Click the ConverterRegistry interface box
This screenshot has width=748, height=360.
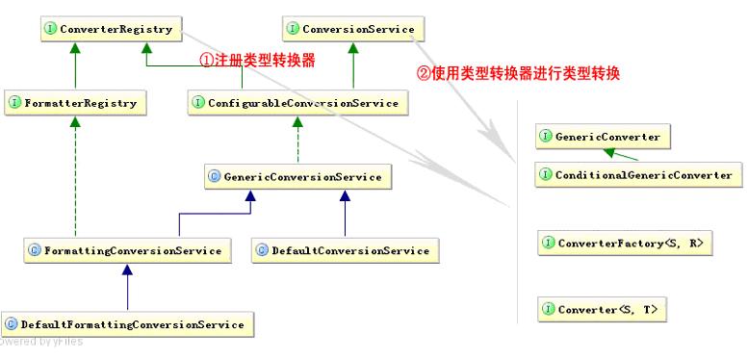point(108,30)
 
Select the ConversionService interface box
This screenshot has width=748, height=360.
point(351,30)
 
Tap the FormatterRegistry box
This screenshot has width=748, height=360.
point(75,102)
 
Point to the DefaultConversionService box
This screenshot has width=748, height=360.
point(345,250)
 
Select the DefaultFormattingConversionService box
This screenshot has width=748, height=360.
point(128,324)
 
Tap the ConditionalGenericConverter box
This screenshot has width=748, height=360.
point(637,175)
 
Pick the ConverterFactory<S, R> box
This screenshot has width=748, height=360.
point(625,244)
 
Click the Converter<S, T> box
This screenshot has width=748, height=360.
point(604,310)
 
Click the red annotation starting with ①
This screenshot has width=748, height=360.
point(258,59)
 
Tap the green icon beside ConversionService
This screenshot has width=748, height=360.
point(293,30)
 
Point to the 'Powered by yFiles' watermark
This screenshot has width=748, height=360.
point(42,342)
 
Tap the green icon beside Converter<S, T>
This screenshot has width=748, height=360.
point(548,310)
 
